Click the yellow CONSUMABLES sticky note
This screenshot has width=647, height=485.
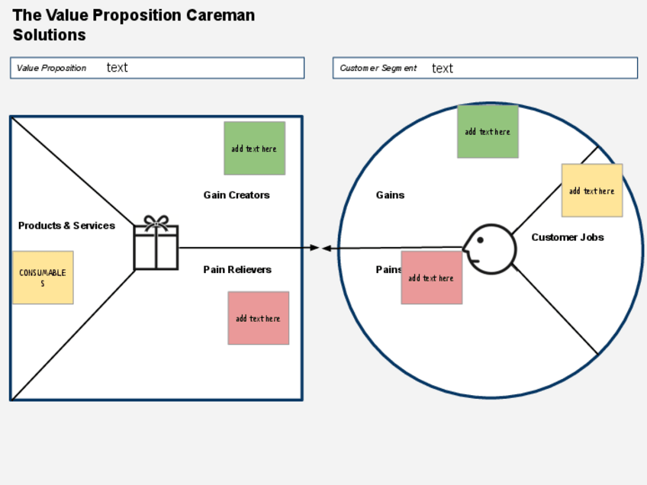tap(43, 278)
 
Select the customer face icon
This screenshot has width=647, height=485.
tap(488, 248)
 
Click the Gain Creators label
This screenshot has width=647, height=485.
tap(237, 195)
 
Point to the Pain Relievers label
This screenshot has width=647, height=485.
tap(237, 270)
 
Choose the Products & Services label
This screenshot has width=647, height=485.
tap(66, 226)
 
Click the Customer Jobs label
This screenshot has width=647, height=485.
tap(568, 237)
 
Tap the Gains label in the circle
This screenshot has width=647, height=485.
tap(390, 195)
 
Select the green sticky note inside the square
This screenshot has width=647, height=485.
tap(254, 148)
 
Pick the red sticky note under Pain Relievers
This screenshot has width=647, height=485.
tap(258, 318)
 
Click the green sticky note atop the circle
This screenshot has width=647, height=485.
tap(488, 131)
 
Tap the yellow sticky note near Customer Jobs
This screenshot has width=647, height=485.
tap(591, 191)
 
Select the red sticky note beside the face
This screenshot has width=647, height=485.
tap(431, 278)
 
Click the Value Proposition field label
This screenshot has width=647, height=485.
tap(52, 68)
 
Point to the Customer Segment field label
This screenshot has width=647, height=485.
tap(378, 69)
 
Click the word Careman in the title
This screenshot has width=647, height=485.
tap(221, 15)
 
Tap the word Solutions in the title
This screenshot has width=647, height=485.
tap(49, 35)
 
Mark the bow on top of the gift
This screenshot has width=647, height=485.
tap(156, 222)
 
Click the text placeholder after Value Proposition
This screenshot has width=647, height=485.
tap(117, 68)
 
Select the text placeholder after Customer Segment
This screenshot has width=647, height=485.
tap(442, 69)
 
